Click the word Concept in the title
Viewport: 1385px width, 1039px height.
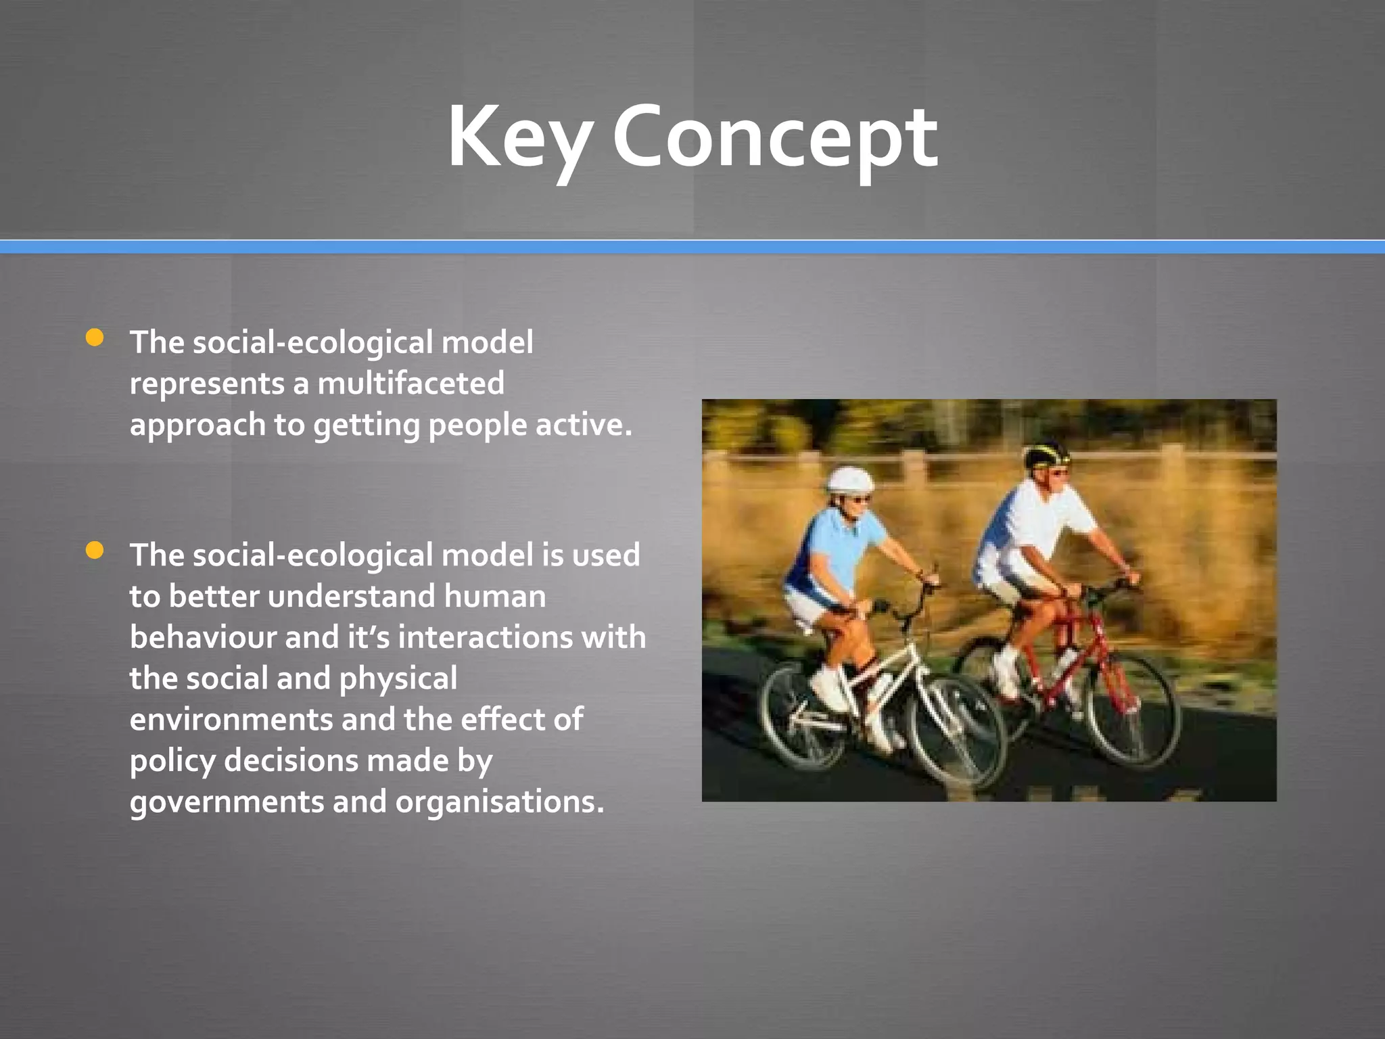tap(775, 139)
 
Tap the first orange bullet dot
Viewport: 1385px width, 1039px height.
tap(95, 338)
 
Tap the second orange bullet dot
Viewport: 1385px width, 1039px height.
tap(95, 551)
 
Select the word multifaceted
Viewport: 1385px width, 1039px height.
tap(410, 384)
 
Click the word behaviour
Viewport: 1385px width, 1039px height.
tap(202, 637)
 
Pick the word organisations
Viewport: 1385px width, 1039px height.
tap(499, 802)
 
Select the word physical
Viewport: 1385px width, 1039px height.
tap(398, 679)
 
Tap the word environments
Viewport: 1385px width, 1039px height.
tap(231, 720)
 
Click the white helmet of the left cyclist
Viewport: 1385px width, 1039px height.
tap(849, 480)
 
